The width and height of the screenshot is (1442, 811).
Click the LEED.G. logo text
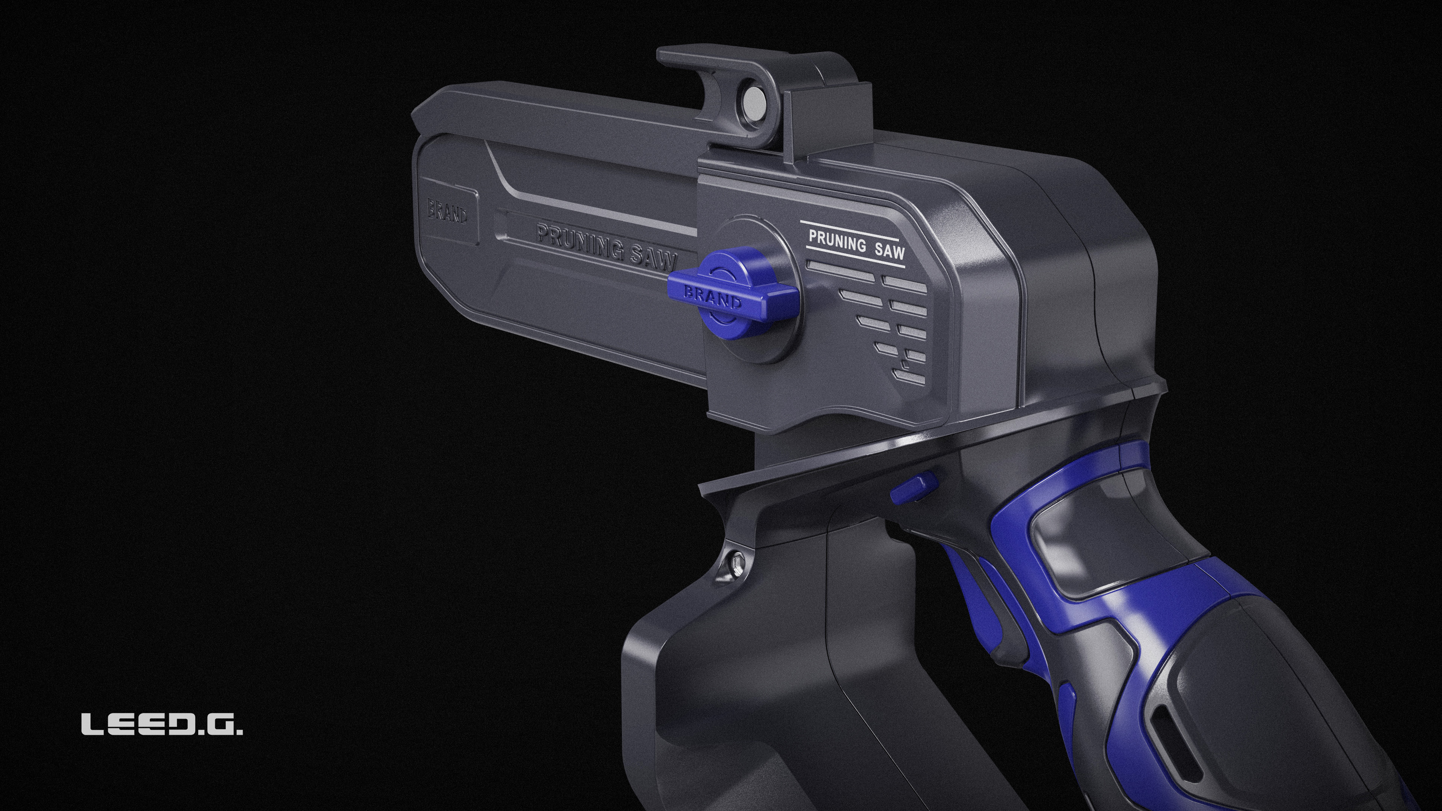(x=162, y=724)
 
